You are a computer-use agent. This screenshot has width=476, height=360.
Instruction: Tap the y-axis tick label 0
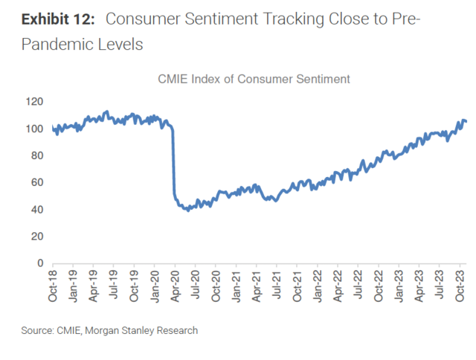42,263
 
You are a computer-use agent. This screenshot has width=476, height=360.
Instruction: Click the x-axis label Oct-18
53,286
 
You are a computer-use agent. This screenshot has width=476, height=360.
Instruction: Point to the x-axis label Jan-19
73,286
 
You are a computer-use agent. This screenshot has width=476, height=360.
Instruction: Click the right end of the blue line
466,121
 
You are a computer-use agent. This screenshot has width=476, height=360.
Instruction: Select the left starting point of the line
53,128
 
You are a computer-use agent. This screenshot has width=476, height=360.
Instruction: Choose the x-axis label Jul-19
114,286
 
